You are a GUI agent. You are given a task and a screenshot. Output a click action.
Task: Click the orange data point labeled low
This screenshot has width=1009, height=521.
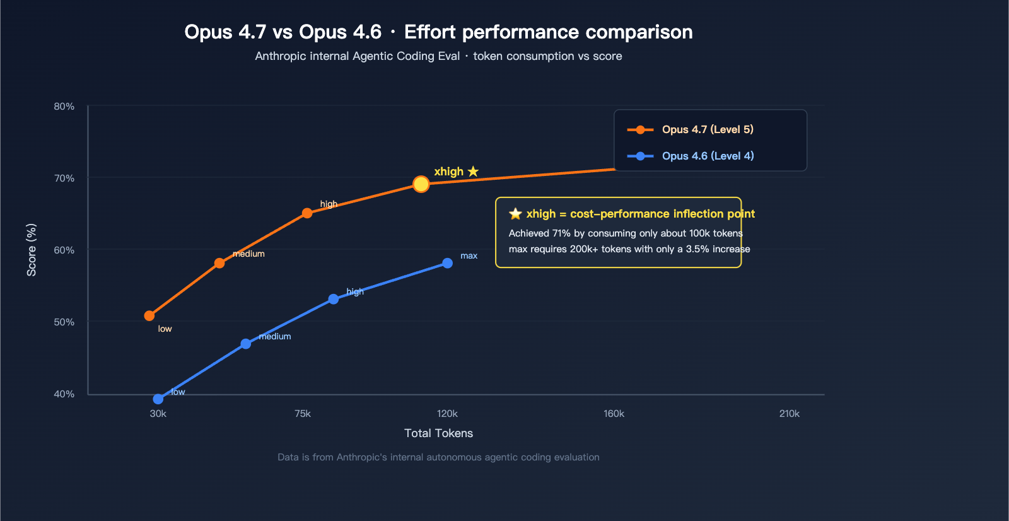[x=149, y=315]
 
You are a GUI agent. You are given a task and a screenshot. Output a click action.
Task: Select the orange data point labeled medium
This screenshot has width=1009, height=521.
[x=219, y=263]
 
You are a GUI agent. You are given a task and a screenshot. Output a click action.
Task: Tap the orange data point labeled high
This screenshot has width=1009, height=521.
[x=307, y=213]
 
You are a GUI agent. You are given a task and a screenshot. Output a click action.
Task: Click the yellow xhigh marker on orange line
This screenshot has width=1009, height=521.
[x=421, y=184]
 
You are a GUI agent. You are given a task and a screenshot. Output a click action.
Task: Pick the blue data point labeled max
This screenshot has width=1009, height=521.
[x=447, y=263]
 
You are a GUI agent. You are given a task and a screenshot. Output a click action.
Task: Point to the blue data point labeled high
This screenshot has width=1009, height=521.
[x=334, y=299]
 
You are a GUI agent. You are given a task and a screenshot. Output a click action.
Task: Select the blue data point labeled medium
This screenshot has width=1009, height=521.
[x=246, y=344]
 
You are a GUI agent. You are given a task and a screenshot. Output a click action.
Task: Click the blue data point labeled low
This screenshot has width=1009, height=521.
[x=158, y=399]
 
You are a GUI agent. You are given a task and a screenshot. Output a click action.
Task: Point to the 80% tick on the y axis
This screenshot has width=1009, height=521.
[x=64, y=107]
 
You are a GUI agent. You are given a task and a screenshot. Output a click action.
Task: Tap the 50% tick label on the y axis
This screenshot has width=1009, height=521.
[x=64, y=322]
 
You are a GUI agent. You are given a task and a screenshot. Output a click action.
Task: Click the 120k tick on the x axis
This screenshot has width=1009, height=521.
[x=447, y=414]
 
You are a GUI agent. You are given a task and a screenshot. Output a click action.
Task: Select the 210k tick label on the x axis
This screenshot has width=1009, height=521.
[x=789, y=414]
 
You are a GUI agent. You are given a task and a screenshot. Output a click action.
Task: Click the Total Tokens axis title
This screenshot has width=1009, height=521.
[x=438, y=433]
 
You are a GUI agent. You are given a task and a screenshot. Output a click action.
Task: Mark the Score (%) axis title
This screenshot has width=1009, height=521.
[x=32, y=250]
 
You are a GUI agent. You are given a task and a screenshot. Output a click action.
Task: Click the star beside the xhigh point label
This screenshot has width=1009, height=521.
[x=473, y=171]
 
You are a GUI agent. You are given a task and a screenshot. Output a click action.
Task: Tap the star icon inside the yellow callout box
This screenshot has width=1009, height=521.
[x=515, y=214]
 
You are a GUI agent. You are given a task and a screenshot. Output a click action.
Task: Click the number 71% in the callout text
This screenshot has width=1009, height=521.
[x=561, y=233]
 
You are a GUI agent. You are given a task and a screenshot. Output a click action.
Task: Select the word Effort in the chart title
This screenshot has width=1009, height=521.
[x=430, y=32]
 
